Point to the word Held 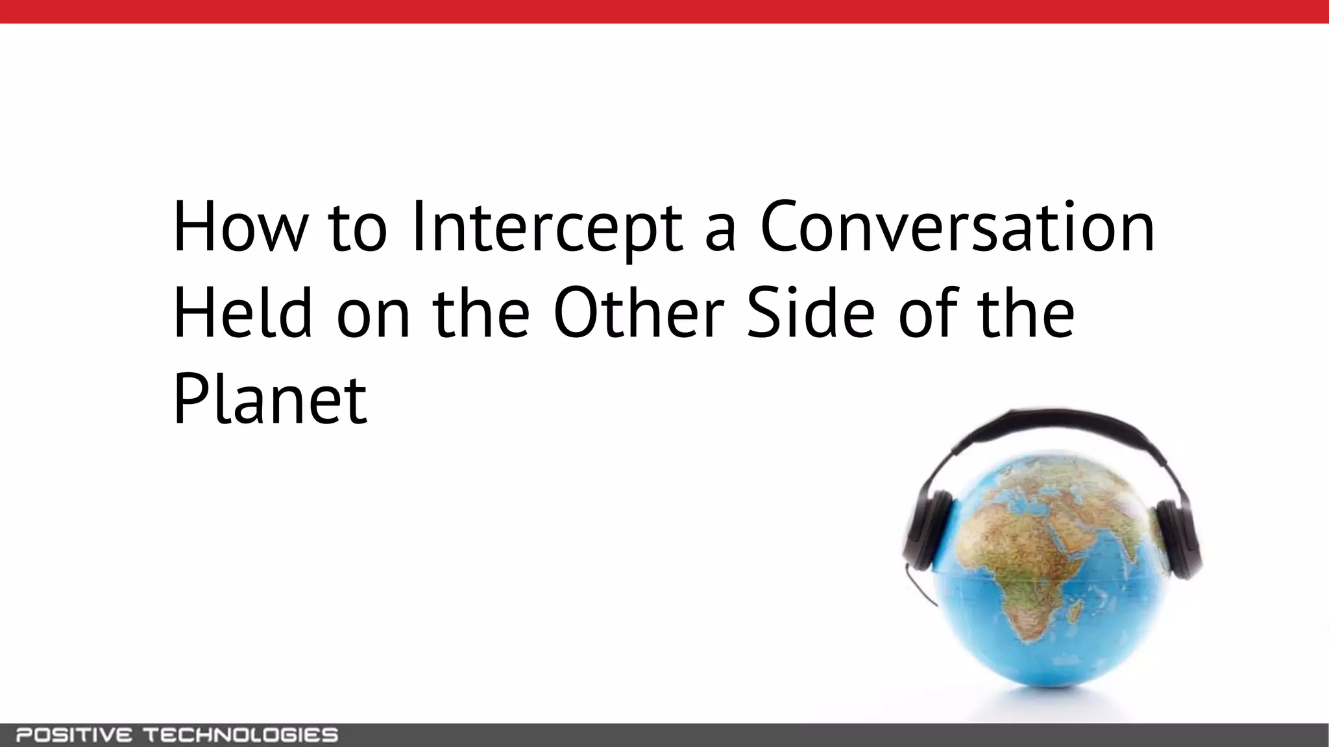click(243, 314)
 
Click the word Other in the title click(639, 314)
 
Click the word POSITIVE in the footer click(74, 735)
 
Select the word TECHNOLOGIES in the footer click(240, 735)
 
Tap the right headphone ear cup click(1176, 541)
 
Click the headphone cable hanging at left click(921, 587)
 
